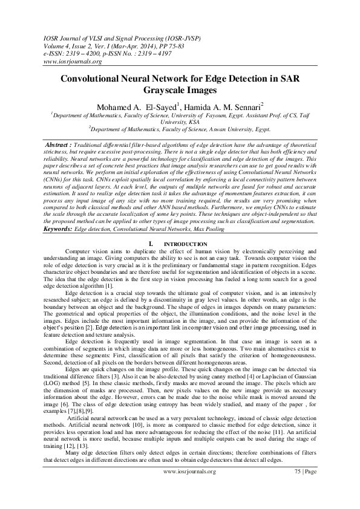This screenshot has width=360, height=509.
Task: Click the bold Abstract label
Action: click(59, 146)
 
